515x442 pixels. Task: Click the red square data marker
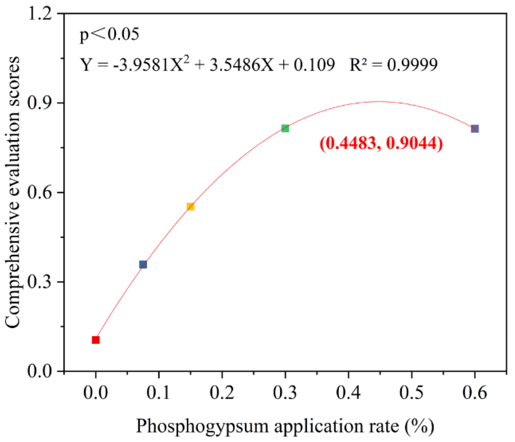96,340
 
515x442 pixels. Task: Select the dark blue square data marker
143,265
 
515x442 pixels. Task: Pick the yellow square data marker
190,207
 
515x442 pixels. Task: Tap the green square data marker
285,128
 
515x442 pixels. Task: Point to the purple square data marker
475,129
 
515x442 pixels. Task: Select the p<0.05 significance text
109,34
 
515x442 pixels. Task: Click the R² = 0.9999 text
394,65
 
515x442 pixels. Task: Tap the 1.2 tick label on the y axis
40,14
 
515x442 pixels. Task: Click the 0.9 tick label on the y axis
40,103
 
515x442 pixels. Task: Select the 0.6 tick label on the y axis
40,193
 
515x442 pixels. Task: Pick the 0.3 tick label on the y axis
40,282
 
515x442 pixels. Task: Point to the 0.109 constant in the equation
314,65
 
